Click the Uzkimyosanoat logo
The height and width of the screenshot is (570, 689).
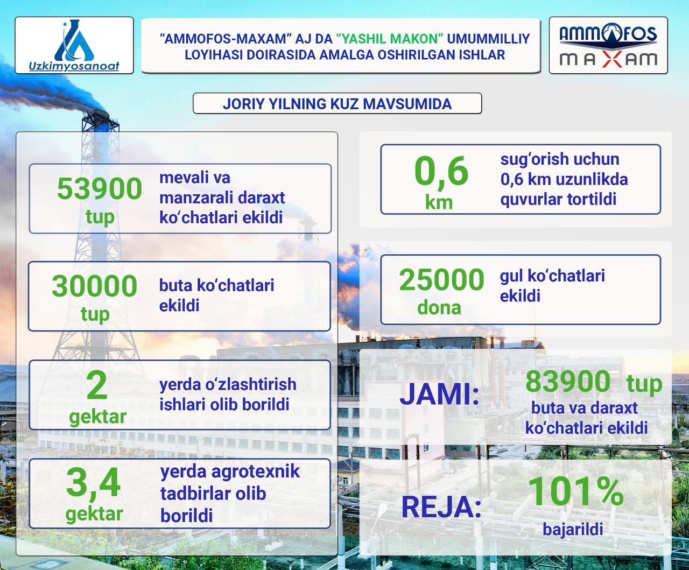74,46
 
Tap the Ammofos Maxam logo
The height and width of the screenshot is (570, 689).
608,46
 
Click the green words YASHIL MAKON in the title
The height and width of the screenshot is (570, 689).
389,39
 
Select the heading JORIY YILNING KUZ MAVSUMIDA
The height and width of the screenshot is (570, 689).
337,104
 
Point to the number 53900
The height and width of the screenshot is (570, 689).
100,189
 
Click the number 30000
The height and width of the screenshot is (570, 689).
94,286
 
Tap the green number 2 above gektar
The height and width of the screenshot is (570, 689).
97,385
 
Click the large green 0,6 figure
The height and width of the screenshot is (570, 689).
441,172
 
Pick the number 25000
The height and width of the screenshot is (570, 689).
441,279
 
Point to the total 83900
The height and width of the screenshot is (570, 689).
568,381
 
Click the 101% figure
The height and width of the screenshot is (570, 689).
576,491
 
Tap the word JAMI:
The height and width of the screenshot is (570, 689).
439,394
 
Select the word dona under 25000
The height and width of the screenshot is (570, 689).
439,308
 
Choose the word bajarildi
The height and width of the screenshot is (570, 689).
573,529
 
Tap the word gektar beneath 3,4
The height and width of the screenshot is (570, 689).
94,514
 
